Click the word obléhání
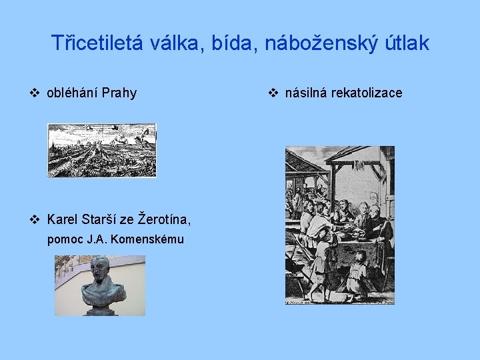pos(73,93)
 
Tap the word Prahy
pos(119,93)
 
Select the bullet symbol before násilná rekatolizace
pos(273,93)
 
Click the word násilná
pos(307,93)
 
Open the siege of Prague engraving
pos(101,150)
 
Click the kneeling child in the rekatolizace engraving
pos(359,270)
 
